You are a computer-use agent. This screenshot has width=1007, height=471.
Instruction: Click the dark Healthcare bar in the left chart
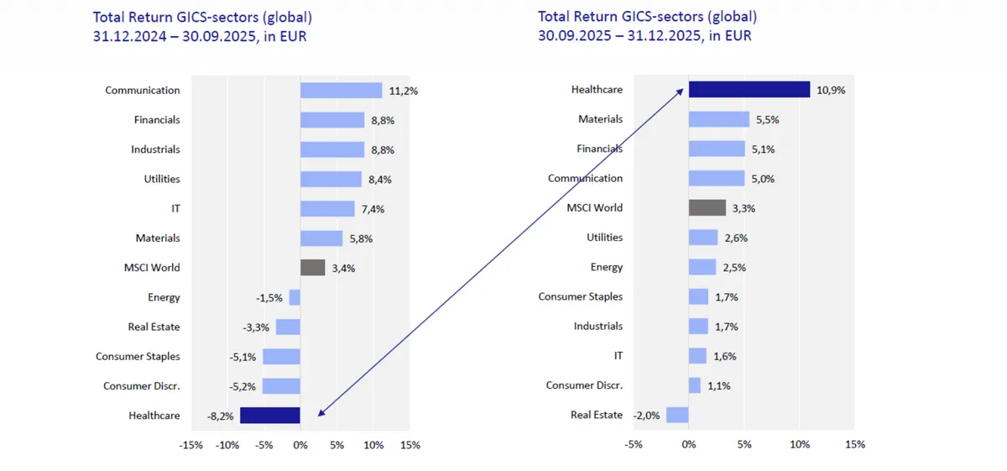pyautogui.click(x=269, y=415)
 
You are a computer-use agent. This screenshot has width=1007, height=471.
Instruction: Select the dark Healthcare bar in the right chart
pyautogui.click(x=749, y=89)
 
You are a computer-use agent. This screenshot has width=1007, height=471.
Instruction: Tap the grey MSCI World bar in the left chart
pyautogui.click(x=312, y=268)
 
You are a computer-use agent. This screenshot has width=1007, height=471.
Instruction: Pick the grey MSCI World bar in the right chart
pyautogui.click(x=707, y=207)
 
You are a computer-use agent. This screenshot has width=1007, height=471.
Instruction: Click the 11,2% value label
pyautogui.click(x=403, y=91)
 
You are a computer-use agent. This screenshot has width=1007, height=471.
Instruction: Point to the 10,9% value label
pyautogui.click(x=830, y=90)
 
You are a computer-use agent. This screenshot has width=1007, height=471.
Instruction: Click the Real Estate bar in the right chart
pyautogui.click(x=677, y=415)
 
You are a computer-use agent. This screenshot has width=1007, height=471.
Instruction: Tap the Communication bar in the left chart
pyautogui.click(x=341, y=91)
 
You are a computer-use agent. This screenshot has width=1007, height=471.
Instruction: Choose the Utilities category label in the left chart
pyautogui.click(x=161, y=179)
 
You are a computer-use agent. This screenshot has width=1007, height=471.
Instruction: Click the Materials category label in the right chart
pyautogui.click(x=600, y=119)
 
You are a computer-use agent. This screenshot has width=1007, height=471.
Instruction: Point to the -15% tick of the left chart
pyautogui.click(x=191, y=444)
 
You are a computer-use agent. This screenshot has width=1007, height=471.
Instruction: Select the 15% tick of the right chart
pyautogui.click(x=854, y=444)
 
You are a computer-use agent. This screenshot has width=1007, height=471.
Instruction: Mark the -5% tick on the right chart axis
pyautogui.click(x=634, y=444)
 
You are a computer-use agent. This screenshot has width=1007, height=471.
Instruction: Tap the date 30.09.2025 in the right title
pyautogui.click(x=571, y=36)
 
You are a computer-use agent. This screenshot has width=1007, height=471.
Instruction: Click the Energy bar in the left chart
pyautogui.click(x=295, y=297)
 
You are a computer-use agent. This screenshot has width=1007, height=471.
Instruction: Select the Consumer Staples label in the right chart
pyautogui.click(x=580, y=296)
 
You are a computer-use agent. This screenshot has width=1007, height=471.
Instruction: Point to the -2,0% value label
pyautogui.click(x=647, y=416)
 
